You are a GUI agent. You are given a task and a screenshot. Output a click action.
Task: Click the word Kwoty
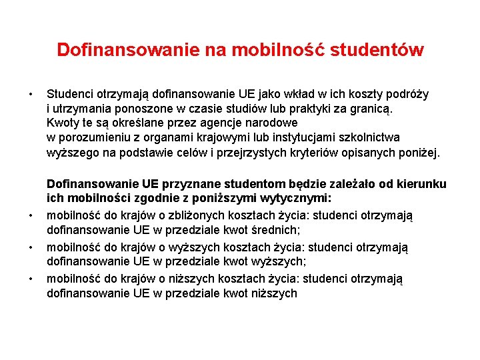click(63, 123)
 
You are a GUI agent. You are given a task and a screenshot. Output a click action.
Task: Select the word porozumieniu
click(91, 138)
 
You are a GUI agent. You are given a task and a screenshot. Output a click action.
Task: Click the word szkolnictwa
click(367, 138)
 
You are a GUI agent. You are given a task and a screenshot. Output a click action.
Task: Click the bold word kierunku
click(423, 184)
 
